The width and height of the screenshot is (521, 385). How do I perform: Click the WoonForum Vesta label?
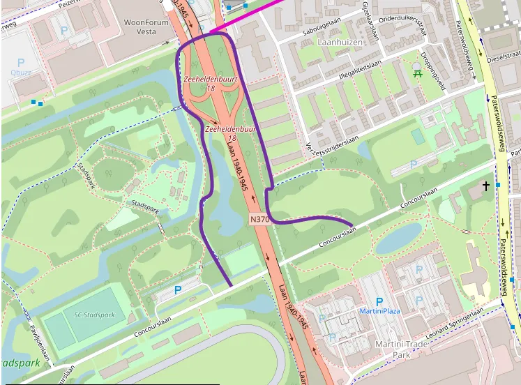pyautogui.click(x=146, y=27)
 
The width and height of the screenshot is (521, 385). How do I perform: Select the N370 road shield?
pyautogui.click(x=259, y=219)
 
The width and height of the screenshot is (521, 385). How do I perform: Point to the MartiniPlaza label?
pyautogui.click(x=379, y=310)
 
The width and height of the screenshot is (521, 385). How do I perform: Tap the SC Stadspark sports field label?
pyautogui.click(x=94, y=315)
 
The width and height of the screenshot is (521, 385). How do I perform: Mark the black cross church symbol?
pyautogui.click(x=486, y=186)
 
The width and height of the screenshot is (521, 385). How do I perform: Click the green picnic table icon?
pyautogui.click(x=417, y=70)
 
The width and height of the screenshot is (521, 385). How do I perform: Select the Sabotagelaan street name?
pyautogui.click(x=325, y=27)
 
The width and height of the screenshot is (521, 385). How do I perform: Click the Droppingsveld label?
pyautogui.click(x=432, y=72)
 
